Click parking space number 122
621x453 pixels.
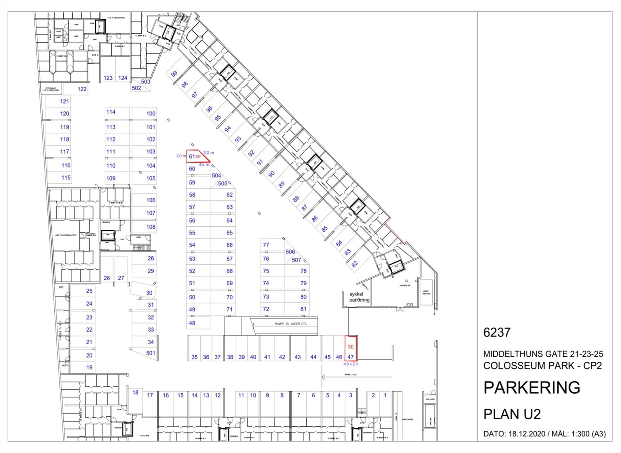[x=82, y=89]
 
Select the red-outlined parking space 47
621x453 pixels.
[x=351, y=349]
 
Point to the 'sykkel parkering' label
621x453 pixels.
[x=359, y=297]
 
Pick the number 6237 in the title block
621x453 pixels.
[x=497, y=332]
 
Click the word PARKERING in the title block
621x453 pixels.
[x=532, y=387]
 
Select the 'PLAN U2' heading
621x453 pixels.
[x=512, y=414]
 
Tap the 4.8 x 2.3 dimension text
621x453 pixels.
[x=350, y=364]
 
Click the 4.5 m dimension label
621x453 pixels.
[x=204, y=165]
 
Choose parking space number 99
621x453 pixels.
[x=174, y=73]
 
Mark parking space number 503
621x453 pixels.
[x=146, y=82]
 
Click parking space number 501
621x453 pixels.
[x=151, y=353]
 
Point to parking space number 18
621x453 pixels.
[x=135, y=392]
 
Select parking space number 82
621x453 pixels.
[x=354, y=264]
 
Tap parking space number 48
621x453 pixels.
[x=192, y=323]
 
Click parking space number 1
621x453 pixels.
[x=385, y=395]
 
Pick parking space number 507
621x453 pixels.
[x=297, y=260]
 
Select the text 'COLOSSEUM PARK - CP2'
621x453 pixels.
[x=543, y=366]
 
